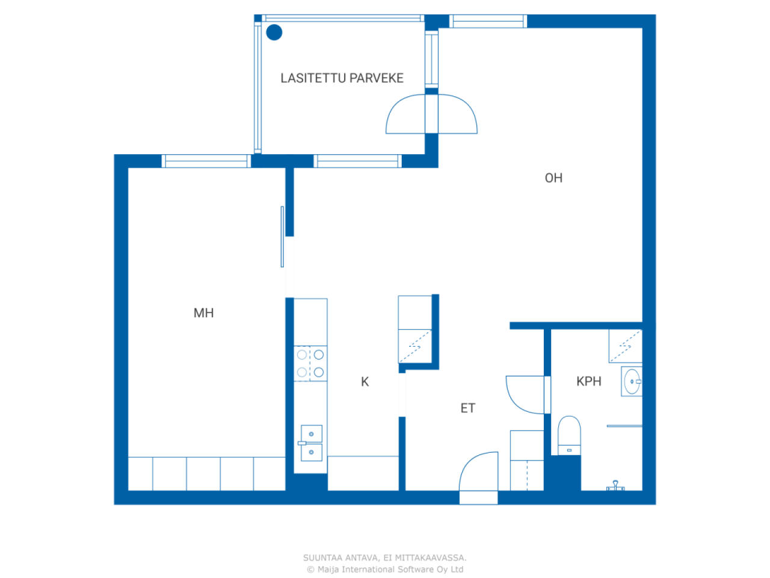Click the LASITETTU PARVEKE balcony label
(342, 78)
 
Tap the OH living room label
(553, 178)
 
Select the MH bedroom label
(203, 312)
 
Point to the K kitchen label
(365, 382)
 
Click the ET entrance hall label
(467, 408)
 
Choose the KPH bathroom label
(589, 381)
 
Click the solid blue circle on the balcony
(274, 33)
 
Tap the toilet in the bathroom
(569, 435)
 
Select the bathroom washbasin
(632, 382)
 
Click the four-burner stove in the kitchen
(310, 363)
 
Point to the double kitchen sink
(311, 443)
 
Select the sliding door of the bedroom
(282, 237)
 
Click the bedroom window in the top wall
(206, 161)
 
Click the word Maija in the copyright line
(328, 570)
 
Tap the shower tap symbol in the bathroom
(615, 486)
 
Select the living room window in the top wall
(488, 21)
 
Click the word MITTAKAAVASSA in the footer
(431, 558)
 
